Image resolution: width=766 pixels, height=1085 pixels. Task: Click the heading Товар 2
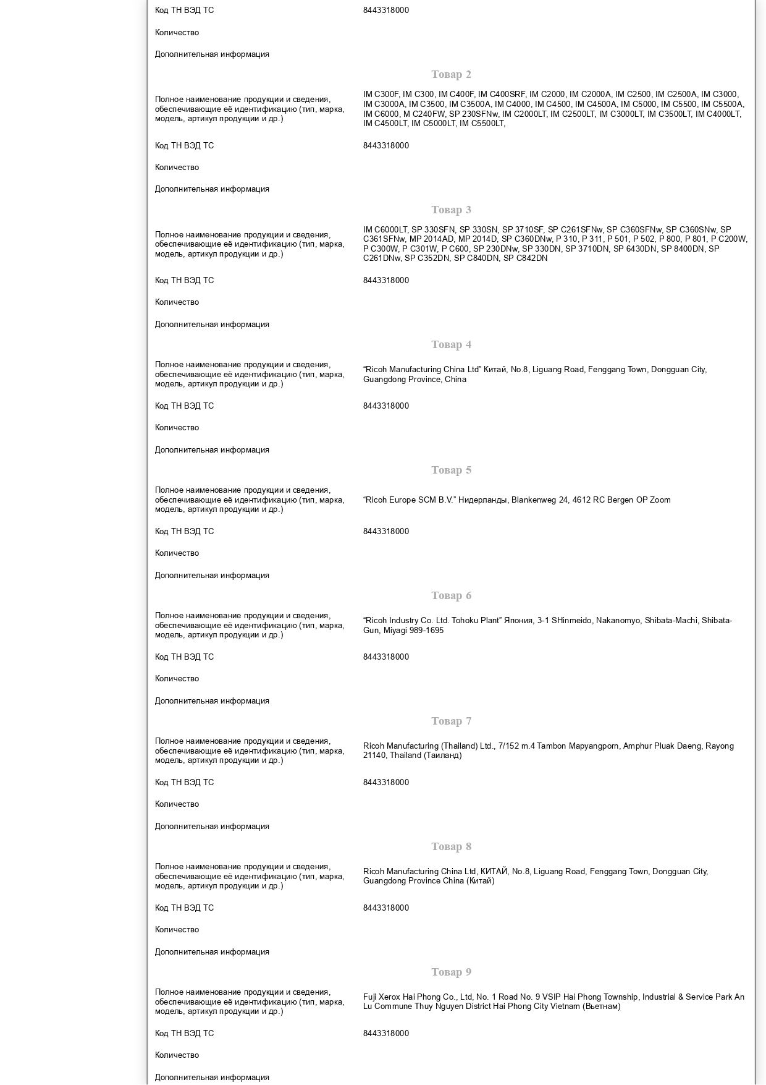(451, 75)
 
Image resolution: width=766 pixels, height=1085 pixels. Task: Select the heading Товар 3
(451, 210)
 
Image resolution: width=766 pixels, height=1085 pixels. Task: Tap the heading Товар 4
(451, 344)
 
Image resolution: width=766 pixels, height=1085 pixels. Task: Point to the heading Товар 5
(451, 470)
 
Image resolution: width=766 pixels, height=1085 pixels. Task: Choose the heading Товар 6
(451, 595)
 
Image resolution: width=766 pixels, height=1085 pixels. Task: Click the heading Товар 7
(451, 721)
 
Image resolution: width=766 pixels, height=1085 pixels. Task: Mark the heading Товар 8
(451, 846)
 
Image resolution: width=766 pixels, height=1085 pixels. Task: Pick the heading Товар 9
(451, 972)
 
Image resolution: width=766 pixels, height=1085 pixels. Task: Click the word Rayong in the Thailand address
(720, 746)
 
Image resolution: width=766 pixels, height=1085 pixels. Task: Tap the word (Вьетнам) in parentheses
(602, 1006)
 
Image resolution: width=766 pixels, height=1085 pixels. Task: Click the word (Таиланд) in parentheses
(443, 755)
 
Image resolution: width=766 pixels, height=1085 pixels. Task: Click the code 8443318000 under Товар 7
(386, 783)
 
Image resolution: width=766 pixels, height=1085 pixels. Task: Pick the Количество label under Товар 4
(177, 428)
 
